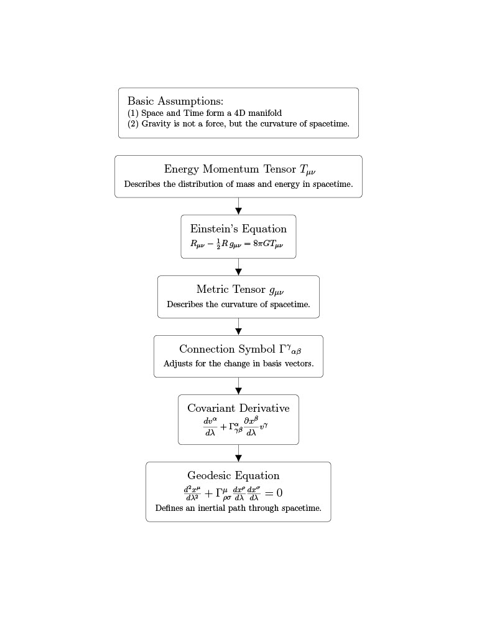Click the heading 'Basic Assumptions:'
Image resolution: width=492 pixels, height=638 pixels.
[175, 102]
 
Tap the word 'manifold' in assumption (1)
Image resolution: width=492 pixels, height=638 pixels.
[265, 113]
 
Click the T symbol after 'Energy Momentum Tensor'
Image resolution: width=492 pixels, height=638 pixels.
[307, 169]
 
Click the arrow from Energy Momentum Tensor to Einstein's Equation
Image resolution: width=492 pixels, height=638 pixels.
[238, 206]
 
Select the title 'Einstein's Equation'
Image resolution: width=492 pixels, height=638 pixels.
[238, 229]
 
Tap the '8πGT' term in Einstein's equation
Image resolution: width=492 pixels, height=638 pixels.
[267, 244]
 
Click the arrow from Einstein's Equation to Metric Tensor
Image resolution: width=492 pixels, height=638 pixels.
[238, 267]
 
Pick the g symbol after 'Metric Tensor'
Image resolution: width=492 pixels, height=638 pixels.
[276, 290]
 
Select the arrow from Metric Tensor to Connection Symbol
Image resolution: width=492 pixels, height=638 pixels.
[238, 326]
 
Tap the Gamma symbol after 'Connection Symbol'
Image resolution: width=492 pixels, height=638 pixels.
[290, 349]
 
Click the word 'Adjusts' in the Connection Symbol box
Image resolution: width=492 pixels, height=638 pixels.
[178, 363]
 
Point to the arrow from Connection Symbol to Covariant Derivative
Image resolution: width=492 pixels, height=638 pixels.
[238, 386]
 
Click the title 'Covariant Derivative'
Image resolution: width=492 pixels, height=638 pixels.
[238, 408]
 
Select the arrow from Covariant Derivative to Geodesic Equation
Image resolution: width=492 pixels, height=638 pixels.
[238, 454]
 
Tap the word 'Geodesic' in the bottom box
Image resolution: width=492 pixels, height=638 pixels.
[209, 475]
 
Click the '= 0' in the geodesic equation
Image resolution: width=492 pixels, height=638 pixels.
[274, 493]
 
